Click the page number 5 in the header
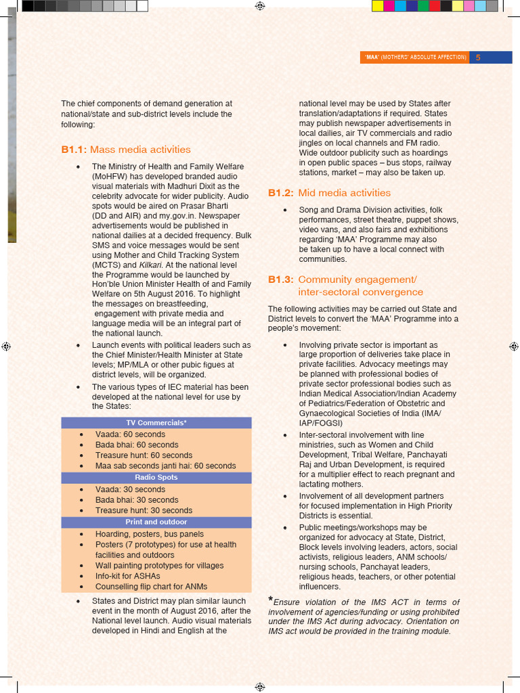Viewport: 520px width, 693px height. [x=478, y=58]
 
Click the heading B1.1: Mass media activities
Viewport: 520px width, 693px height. [x=126, y=150]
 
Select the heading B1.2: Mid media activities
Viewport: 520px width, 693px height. [x=329, y=193]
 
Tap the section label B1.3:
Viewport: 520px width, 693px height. [x=280, y=280]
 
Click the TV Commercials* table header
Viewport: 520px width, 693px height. [x=156, y=423]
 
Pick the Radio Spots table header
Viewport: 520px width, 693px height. [x=156, y=478]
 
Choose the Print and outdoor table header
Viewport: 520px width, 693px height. [x=156, y=522]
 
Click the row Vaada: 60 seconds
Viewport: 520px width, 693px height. [x=130, y=434]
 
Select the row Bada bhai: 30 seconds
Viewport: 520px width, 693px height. [x=136, y=500]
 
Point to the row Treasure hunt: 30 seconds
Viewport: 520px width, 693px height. [x=144, y=511]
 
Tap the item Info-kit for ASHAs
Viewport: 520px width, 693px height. [x=127, y=576]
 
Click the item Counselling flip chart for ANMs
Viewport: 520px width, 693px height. [x=151, y=587]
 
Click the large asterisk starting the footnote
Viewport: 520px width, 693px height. [x=271, y=600]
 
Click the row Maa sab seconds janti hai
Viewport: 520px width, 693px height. [x=165, y=466]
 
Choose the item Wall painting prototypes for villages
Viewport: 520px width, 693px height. [x=159, y=566]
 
